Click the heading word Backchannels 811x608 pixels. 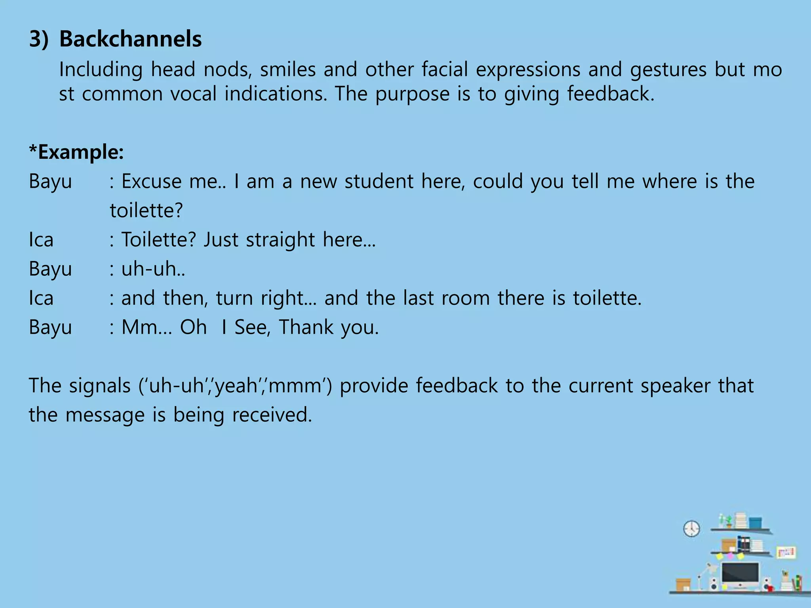[x=130, y=39]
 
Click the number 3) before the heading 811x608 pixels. [x=39, y=39]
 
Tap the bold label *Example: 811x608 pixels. [x=76, y=152]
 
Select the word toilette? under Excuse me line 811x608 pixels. [x=146, y=210]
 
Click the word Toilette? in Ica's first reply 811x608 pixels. [x=158, y=239]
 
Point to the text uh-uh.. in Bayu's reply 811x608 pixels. [x=153, y=269]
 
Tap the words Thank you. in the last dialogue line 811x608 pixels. [x=329, y=327]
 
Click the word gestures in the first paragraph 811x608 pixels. [x=668, y=69]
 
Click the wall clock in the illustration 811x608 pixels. [x=691, y=528]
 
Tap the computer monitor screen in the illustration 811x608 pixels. [x=740, y=573]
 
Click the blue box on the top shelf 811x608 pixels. [x=755, y=522]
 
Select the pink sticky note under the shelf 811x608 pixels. [x=730, y=556]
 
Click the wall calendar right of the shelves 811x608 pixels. [x=786, y=552]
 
